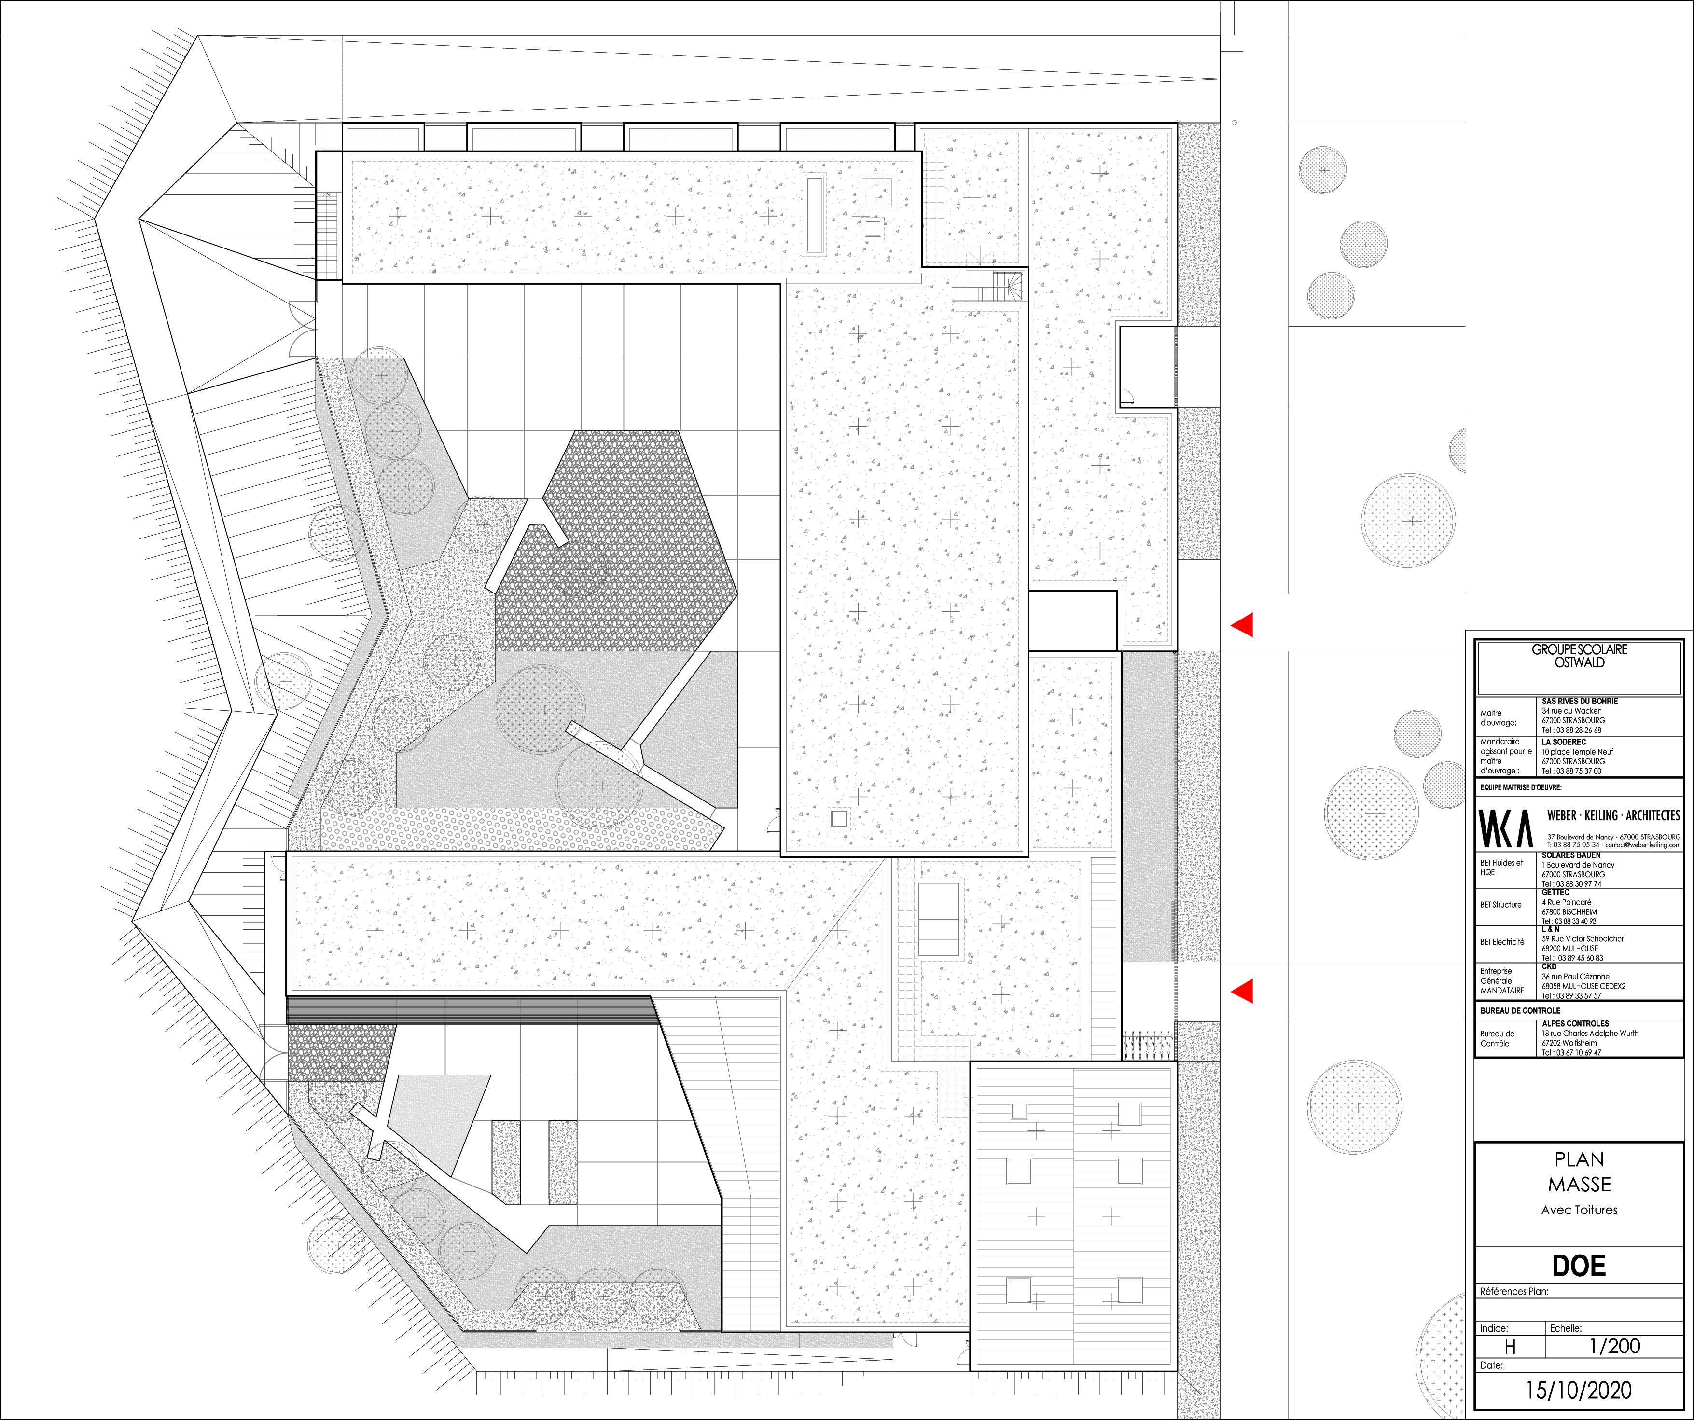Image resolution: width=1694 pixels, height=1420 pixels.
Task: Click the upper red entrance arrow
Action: click(x=1242, y=625)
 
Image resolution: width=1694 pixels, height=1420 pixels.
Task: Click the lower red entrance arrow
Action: click(x=1242, y=991)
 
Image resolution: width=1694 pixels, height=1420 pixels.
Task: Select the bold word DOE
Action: click(x=1579, y=1266)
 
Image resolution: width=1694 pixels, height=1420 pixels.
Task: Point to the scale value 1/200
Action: click(x=1614, y=1346)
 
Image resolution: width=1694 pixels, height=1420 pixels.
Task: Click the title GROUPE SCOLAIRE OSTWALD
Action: click(x=1580, y=656)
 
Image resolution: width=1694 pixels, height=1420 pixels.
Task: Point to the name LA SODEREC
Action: click(x=1563, y=742)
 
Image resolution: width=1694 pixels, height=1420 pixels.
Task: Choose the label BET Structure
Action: click(x=1500, y=905)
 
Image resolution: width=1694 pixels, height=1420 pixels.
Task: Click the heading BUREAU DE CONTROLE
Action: click(x=1520, y=1010)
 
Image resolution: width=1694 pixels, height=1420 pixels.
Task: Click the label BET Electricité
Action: click(x=1502, y=942)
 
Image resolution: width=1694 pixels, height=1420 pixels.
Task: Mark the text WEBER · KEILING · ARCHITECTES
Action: click(x=1613, y=815)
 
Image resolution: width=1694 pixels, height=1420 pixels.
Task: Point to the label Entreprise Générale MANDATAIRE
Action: click(x=1502, y=980)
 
